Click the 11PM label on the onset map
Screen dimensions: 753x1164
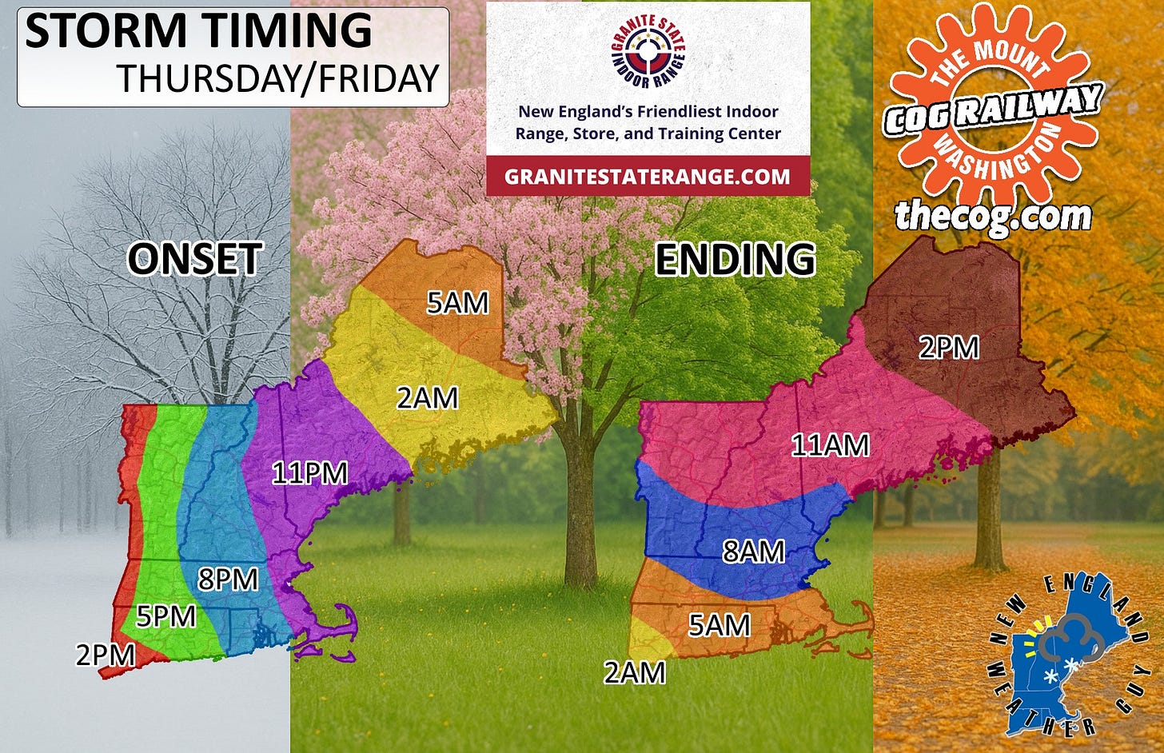(x=310, y=473)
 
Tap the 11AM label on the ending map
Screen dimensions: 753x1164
(x=830, y=445)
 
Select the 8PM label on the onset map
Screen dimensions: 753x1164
(x=228, y=579)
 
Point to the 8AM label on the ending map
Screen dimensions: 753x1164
(x=753, y=552)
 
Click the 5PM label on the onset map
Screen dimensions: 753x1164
(x=165, y=616)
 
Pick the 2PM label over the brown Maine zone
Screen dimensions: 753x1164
(x=949, y=348)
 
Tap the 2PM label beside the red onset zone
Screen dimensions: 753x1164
(x=106, y=655)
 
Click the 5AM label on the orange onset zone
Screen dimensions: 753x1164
(x=457, y=303)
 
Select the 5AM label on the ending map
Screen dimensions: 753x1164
(x=720, y=625)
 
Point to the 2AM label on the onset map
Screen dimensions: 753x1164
(x=428, y=397)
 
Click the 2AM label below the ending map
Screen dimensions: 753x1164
(x=635, y=673)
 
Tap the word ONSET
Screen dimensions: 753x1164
(x=195, y=259)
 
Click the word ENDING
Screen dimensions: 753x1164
(x=735, y=260)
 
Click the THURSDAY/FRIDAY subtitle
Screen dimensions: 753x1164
(x=279, y=78)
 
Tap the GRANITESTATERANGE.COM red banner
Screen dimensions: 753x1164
(x=648, y=177)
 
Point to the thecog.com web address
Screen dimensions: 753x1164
(x=993, y=216)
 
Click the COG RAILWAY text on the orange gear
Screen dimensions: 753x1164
(x=994, y=108)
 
